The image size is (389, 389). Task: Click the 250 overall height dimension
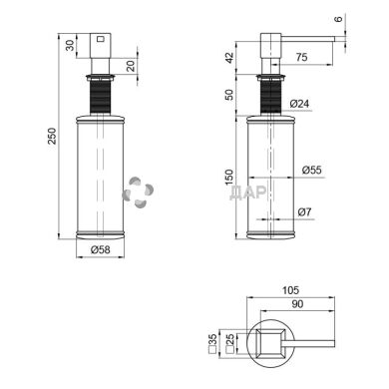(x=53, y=136)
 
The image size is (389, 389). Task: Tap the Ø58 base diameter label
(x=100, y=249)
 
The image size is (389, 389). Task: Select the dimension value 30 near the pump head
(x=70, y=45)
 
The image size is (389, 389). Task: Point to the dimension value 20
(x=132, y=66)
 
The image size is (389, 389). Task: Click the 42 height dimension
(x=229, y=58)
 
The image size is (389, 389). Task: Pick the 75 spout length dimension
(x=301, y=57)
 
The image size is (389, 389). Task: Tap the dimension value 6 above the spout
(x=338, y=19)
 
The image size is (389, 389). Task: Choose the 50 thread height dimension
(x=229, y=95)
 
